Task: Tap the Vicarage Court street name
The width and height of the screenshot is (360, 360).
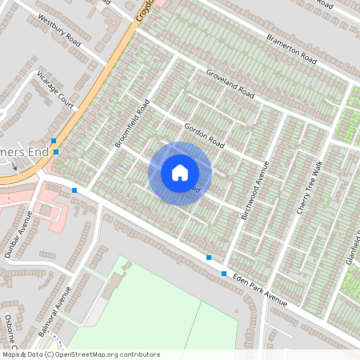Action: coord(55,89)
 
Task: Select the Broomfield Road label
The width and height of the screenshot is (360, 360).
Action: coord(132,123)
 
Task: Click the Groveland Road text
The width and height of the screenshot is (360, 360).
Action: coord(230,88)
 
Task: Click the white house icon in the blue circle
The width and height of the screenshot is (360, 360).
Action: coord(180,173)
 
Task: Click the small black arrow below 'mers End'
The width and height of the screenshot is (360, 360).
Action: coord(14,167)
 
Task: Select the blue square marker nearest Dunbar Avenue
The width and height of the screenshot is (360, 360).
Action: coord(74,190)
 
